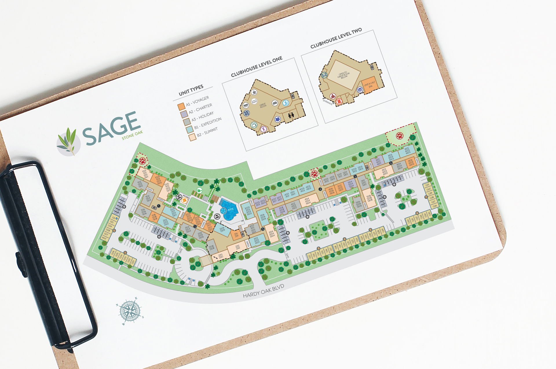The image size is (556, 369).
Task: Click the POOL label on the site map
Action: [231, 209]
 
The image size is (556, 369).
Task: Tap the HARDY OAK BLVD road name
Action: [263, 291]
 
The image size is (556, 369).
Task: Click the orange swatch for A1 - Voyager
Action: [181, 107]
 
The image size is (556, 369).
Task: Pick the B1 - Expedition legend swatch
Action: [190, 129]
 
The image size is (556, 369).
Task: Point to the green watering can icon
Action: [199, 191]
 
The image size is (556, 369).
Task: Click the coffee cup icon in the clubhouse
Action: [254, 92]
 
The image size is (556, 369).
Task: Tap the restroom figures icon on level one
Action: [291, 115]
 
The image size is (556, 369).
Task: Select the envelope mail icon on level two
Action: [324, 75]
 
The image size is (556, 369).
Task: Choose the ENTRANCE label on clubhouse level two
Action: [328, 102]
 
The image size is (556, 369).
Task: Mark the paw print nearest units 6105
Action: [400, 136]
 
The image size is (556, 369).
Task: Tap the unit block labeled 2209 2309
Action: [222, 230]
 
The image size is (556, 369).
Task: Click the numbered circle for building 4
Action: [320, 189]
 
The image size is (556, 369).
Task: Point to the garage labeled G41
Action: [427, 185]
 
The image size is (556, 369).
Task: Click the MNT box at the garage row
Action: [104, 238]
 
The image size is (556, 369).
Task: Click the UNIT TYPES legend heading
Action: [191, 90]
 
